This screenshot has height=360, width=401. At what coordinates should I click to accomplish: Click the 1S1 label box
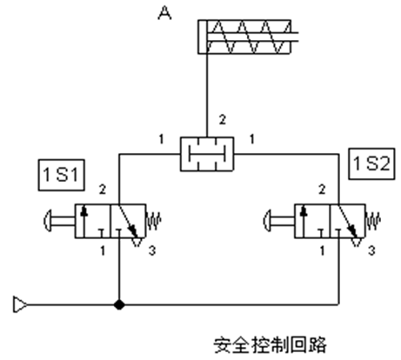pos(62,175)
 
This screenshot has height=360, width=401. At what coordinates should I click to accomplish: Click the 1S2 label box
pos(372,164)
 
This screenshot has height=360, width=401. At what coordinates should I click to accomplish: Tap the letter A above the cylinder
pos(164,14)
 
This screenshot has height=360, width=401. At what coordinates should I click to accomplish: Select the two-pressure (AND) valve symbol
pos(207,154)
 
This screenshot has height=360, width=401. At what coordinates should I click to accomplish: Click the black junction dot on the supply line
pos(119,305)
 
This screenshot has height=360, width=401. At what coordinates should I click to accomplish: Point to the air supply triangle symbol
pos(20,305)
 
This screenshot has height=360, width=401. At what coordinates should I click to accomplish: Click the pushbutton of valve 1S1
pos(59,220)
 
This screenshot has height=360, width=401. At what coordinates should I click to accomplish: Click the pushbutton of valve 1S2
pos(279,220)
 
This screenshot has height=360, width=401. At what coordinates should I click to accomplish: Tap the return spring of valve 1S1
pos(154,221)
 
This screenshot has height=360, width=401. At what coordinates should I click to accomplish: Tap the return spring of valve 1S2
pos(374,221)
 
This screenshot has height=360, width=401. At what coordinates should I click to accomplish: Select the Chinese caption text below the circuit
pos(270,345)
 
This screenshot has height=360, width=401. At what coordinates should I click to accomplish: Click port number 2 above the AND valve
pos(222,119)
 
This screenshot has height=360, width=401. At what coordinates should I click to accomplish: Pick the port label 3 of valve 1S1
pos(152,251)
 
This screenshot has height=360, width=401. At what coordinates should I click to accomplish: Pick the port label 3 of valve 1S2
pos(372,251)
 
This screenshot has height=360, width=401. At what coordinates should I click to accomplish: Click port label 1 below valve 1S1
pos(103,251)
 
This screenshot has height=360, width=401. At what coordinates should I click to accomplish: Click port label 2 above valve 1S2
pos(322,189)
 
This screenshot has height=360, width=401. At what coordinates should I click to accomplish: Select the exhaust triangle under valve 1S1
pos(137,242)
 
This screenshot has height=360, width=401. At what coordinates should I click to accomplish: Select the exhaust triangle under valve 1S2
pos(357,242)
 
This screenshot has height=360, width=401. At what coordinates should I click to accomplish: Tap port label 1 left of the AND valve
pos(161,140)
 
